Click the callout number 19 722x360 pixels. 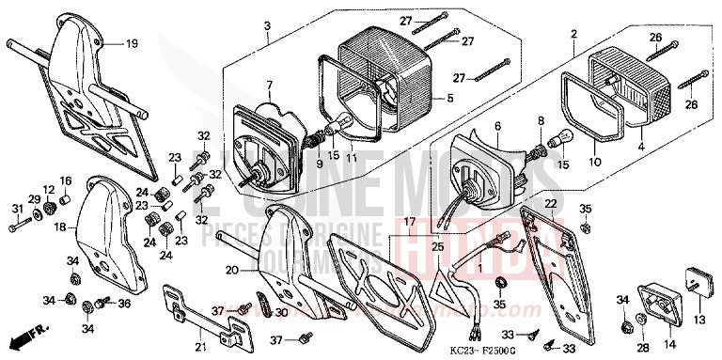[x=132, y=43]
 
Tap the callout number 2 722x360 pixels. [x=573, y=34]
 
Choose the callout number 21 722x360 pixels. [x=200, y=347]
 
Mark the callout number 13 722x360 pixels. [x=698, y=321]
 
